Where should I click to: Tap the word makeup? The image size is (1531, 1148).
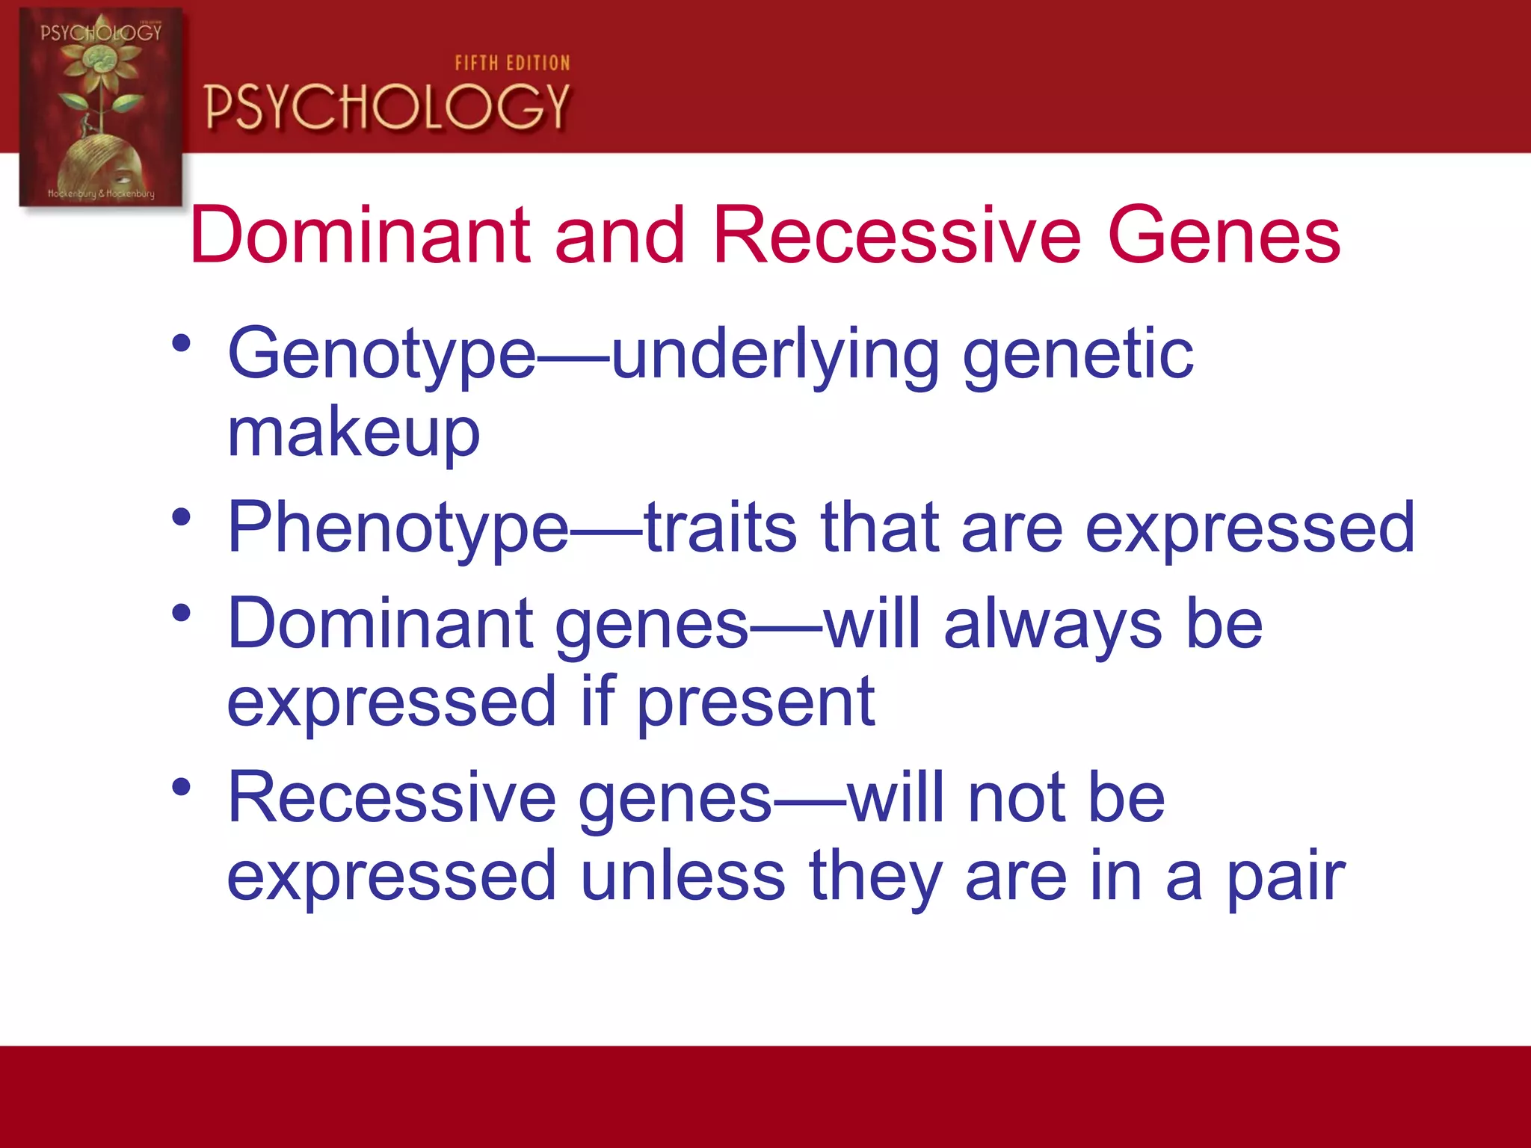pyautogui.click(x=353, y=433)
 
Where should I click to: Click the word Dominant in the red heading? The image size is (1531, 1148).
pyautogui.click(x=360, y=235)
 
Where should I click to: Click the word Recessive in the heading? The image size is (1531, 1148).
pyautogui.click(x=896, y=235)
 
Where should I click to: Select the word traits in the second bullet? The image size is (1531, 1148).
pyautogui.click(x=720, y=528)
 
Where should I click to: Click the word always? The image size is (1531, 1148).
pyautogui.click(x=1052, y=625)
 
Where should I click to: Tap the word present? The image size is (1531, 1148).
pyautogui.click(x=755, y=703)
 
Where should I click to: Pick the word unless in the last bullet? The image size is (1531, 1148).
pyautogui.click(x=682, y=876)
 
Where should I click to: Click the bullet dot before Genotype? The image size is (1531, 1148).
pyautogui.click(x=182, y=345)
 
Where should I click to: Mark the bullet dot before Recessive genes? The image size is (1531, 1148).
pyautogui.click(x=182, y=787)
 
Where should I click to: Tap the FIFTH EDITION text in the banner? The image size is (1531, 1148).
pyautogui.click(x=512, y=64)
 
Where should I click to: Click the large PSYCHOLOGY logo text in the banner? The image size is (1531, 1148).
pyautogui.click(x=387, y=106)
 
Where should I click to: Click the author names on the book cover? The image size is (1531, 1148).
pyautogui.click(x=101, y=194)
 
